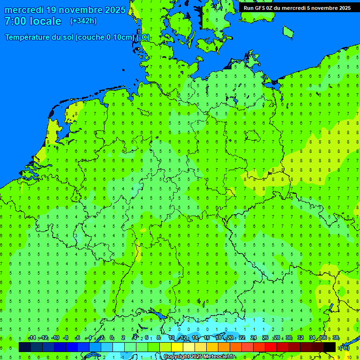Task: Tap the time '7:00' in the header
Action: [x=16, y=21]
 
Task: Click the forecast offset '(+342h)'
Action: [x=83, y=21]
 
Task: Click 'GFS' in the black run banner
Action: [x=261, y=7]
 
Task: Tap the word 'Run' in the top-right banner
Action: [x=249, y=7]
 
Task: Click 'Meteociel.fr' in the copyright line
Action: [x=219, y=357]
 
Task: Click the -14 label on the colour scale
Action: [x=32, y=338]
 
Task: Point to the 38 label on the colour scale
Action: [x=336, y=338]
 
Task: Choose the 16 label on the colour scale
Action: [x=207, y=338]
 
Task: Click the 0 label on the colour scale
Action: [x=112, y=338]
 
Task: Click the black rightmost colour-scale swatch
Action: [x=330, y=347]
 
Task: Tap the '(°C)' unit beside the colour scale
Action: [x=345, y=347]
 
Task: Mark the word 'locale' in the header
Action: [x=45, y=21]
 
